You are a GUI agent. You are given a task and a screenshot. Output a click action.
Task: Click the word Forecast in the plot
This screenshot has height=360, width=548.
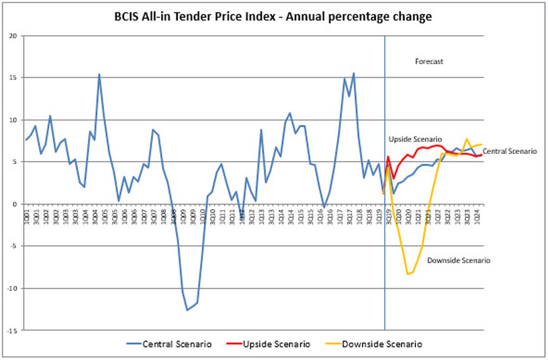(429, 62)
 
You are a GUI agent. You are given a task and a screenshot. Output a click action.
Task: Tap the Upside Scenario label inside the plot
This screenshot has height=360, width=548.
(415, 140)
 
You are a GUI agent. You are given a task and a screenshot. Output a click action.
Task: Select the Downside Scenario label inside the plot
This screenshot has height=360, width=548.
(459, 260)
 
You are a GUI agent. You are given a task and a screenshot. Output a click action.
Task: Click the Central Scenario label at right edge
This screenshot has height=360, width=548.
(509, 152)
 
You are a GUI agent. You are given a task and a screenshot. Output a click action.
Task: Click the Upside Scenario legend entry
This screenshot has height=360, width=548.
(276, 344)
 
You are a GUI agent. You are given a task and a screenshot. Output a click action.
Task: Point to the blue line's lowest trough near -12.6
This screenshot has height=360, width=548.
(187, 310)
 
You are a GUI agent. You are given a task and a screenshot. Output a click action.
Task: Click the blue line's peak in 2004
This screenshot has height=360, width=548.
(99, 74)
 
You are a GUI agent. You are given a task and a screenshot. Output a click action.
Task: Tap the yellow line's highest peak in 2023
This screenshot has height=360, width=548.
(467, 139)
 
